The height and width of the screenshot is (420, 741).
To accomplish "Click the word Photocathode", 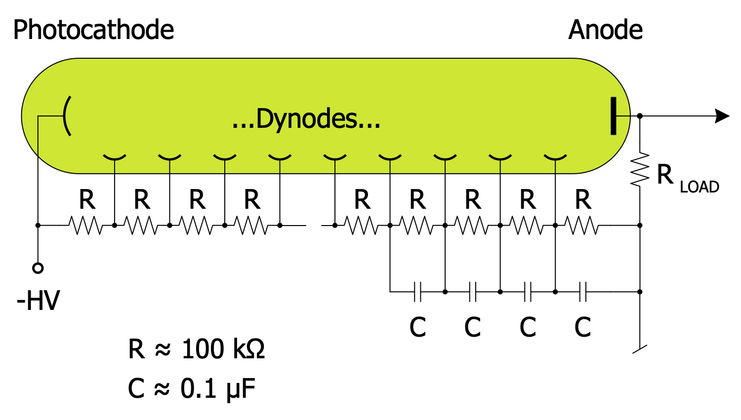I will (93, 30).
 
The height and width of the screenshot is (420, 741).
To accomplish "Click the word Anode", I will (605, 30).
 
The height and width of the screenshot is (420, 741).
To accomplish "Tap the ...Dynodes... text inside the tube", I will (306, 119).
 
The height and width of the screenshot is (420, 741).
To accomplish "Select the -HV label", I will (38, 300).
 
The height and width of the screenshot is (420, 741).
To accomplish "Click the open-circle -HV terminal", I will (38, 268).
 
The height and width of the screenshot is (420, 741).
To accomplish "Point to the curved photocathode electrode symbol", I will (67, 116).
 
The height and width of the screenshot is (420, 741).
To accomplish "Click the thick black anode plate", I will (614, 116).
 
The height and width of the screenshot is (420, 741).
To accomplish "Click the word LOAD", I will (699, 187).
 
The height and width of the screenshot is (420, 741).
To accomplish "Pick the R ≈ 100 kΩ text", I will (196, 349).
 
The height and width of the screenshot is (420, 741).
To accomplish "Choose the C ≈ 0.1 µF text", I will (192, 388).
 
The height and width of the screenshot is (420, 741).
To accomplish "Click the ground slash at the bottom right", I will (640, 349).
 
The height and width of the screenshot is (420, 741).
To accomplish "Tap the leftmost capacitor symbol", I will (417, 292).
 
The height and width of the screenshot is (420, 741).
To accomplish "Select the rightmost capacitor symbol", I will (583, 292).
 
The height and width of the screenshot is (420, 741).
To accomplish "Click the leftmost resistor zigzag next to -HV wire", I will (86, 226).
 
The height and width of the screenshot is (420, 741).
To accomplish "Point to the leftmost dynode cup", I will (114, 157).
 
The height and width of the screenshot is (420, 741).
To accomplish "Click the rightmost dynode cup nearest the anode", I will (555, 157).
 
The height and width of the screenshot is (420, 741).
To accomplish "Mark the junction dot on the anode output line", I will (640, 116).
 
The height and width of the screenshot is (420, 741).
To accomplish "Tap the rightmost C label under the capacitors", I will (583, 327).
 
